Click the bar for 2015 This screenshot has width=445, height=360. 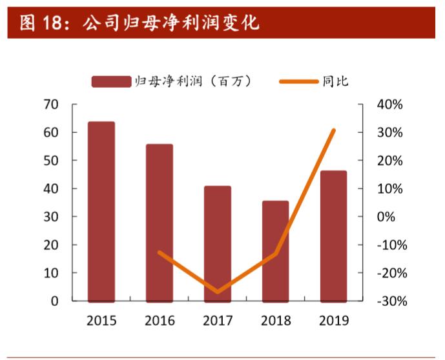click(x=101, y=212)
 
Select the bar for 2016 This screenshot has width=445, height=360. click(x=160, y=223)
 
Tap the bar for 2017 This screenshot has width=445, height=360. click(x=218, y=244)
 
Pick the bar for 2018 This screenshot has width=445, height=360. click(x=275, y=251)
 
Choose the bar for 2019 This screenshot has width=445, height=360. click(x=333, y=236)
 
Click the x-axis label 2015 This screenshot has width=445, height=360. click(x=101, y=321)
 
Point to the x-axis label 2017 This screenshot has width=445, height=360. click(x=218, y=321)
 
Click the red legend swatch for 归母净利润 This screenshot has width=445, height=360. click(x=111, y=81)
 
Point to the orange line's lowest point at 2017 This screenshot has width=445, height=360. click(x=218, y=292)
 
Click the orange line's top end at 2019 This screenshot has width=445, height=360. click(x=333, y=130)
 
